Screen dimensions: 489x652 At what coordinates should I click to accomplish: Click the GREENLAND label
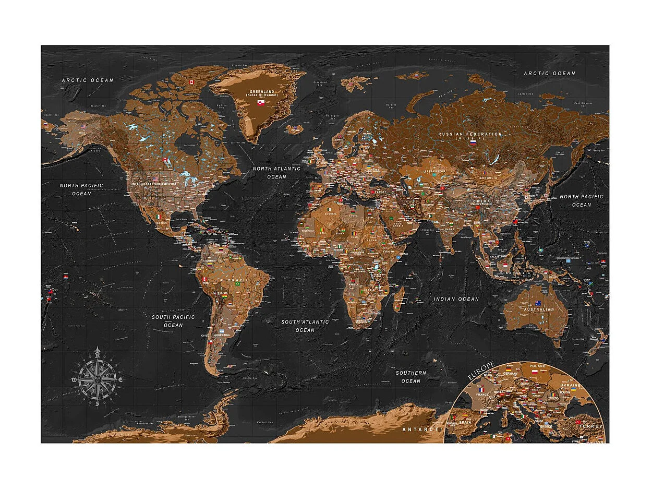click(x=261, y=91)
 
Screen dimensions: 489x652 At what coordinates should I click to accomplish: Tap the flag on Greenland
click(x=261, y=103)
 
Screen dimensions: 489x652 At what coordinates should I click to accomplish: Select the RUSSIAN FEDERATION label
click(x=470, y=134)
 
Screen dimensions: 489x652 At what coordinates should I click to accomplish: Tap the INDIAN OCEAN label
click(x=456, y=299)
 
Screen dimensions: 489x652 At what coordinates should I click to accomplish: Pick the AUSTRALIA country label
click(x=538, y=309)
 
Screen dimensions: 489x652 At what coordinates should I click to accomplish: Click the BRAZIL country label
click(x=240, y=280)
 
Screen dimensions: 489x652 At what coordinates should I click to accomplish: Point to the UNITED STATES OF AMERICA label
click(x=153, y=184)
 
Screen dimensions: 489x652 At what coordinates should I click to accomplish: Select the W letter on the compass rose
click(x=74, y=380)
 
